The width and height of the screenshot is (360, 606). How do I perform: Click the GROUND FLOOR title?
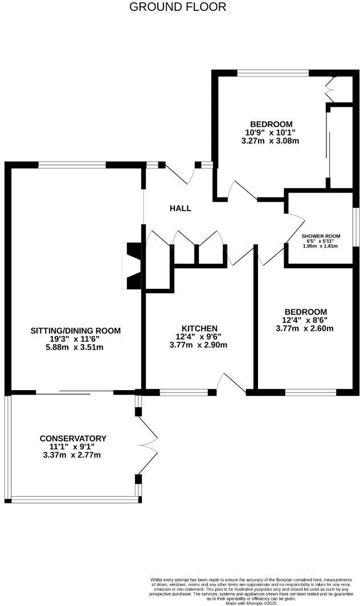pyautogui.click(x=178, y=7)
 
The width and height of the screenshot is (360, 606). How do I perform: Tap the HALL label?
pyautogui.click(x=180, y=208)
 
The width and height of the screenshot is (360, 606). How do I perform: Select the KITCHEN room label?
pyautogui.click(x=199, y=329)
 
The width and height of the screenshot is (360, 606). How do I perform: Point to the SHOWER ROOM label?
pyautogui.click(x=321, y=236)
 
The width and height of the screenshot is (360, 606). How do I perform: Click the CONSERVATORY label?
pyautogui.click(x=73, y=438)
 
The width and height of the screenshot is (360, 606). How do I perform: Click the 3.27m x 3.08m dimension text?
pyautogui.click(x=271, y=141)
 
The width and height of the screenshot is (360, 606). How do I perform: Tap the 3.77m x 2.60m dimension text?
pyautogui.click(x=305, y=328)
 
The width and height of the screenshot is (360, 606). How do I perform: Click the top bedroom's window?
pyautogui.click(x=273, y=73)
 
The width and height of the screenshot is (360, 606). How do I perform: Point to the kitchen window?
pyautogui.click(x=183, y=392)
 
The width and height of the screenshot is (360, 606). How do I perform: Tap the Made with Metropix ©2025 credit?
pyautogui.click(x=251, y=603)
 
